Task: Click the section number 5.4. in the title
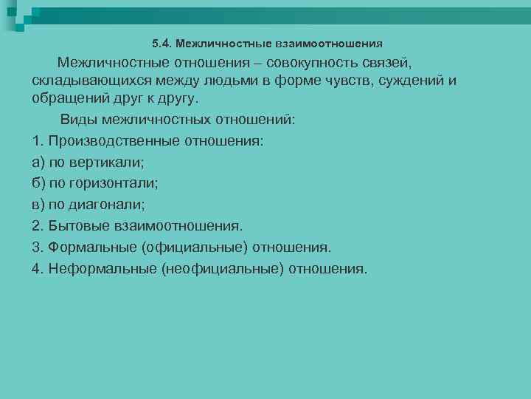coord(162,44)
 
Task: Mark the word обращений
coord(72,98)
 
